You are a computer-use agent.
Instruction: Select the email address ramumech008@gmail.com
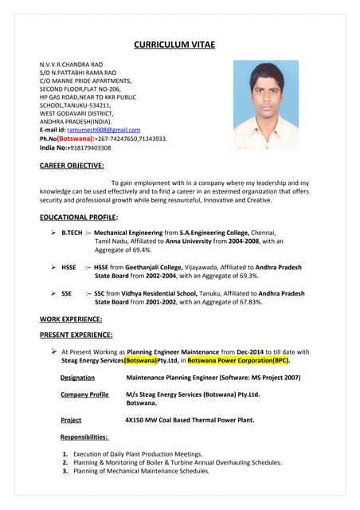[x=104, y=130]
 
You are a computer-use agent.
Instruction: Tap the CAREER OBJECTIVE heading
[x=72, y=166]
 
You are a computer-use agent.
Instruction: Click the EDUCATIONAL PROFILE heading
[x=79, y=217]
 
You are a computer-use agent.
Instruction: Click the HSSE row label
[x=69, y=267]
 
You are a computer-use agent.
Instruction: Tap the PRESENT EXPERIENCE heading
[x=76, y=335]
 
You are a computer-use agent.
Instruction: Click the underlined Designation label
[x=78, y=378]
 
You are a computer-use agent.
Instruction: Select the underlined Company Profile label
[x=84, y=394]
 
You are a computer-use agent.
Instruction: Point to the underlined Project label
[x=71, y=420]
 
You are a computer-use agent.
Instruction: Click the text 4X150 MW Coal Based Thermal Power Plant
[x=190, y=420]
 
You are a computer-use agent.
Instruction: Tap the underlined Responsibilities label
[x=84, y=437]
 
